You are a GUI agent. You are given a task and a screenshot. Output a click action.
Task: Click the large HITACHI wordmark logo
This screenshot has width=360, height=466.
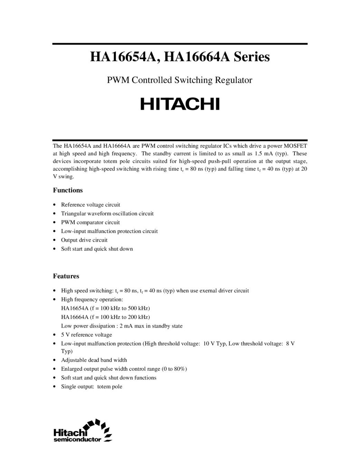(x=180, y=104)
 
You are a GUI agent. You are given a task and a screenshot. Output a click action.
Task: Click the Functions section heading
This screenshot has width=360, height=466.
(x=68, y=190)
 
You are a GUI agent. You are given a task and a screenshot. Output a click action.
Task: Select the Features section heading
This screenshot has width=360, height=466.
(x=66, y=276)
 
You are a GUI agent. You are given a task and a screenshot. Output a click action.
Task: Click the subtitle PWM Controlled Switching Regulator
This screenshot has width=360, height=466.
(x=179, y=80)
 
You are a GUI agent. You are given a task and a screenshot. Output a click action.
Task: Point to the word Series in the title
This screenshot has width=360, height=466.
(x=252, y=57)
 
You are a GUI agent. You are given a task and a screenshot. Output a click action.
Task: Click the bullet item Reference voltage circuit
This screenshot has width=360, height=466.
(x=90, y=205)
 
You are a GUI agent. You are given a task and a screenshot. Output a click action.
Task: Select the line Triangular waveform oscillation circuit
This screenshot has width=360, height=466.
(x=107, y=214)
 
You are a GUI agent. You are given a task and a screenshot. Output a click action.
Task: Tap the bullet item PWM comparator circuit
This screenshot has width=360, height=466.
(x=90, y=222)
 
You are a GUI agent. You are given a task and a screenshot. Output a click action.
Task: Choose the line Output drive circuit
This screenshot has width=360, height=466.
(x=84, y=240)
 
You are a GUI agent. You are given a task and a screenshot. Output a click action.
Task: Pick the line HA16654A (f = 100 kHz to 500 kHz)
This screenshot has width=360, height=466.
(x=105, y=308)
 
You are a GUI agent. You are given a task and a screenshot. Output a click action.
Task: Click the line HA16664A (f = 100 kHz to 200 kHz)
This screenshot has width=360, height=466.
(x=105, y=317)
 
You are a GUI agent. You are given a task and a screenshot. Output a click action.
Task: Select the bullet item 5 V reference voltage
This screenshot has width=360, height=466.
(x=86, y=335)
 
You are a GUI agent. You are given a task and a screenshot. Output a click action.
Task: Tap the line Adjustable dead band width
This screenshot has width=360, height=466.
(x=94, y=360)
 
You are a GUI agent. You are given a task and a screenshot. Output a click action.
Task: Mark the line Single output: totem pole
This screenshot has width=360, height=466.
(x=91, y=387)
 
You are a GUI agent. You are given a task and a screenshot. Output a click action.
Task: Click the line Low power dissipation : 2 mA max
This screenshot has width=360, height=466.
(x=121, y=326)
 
